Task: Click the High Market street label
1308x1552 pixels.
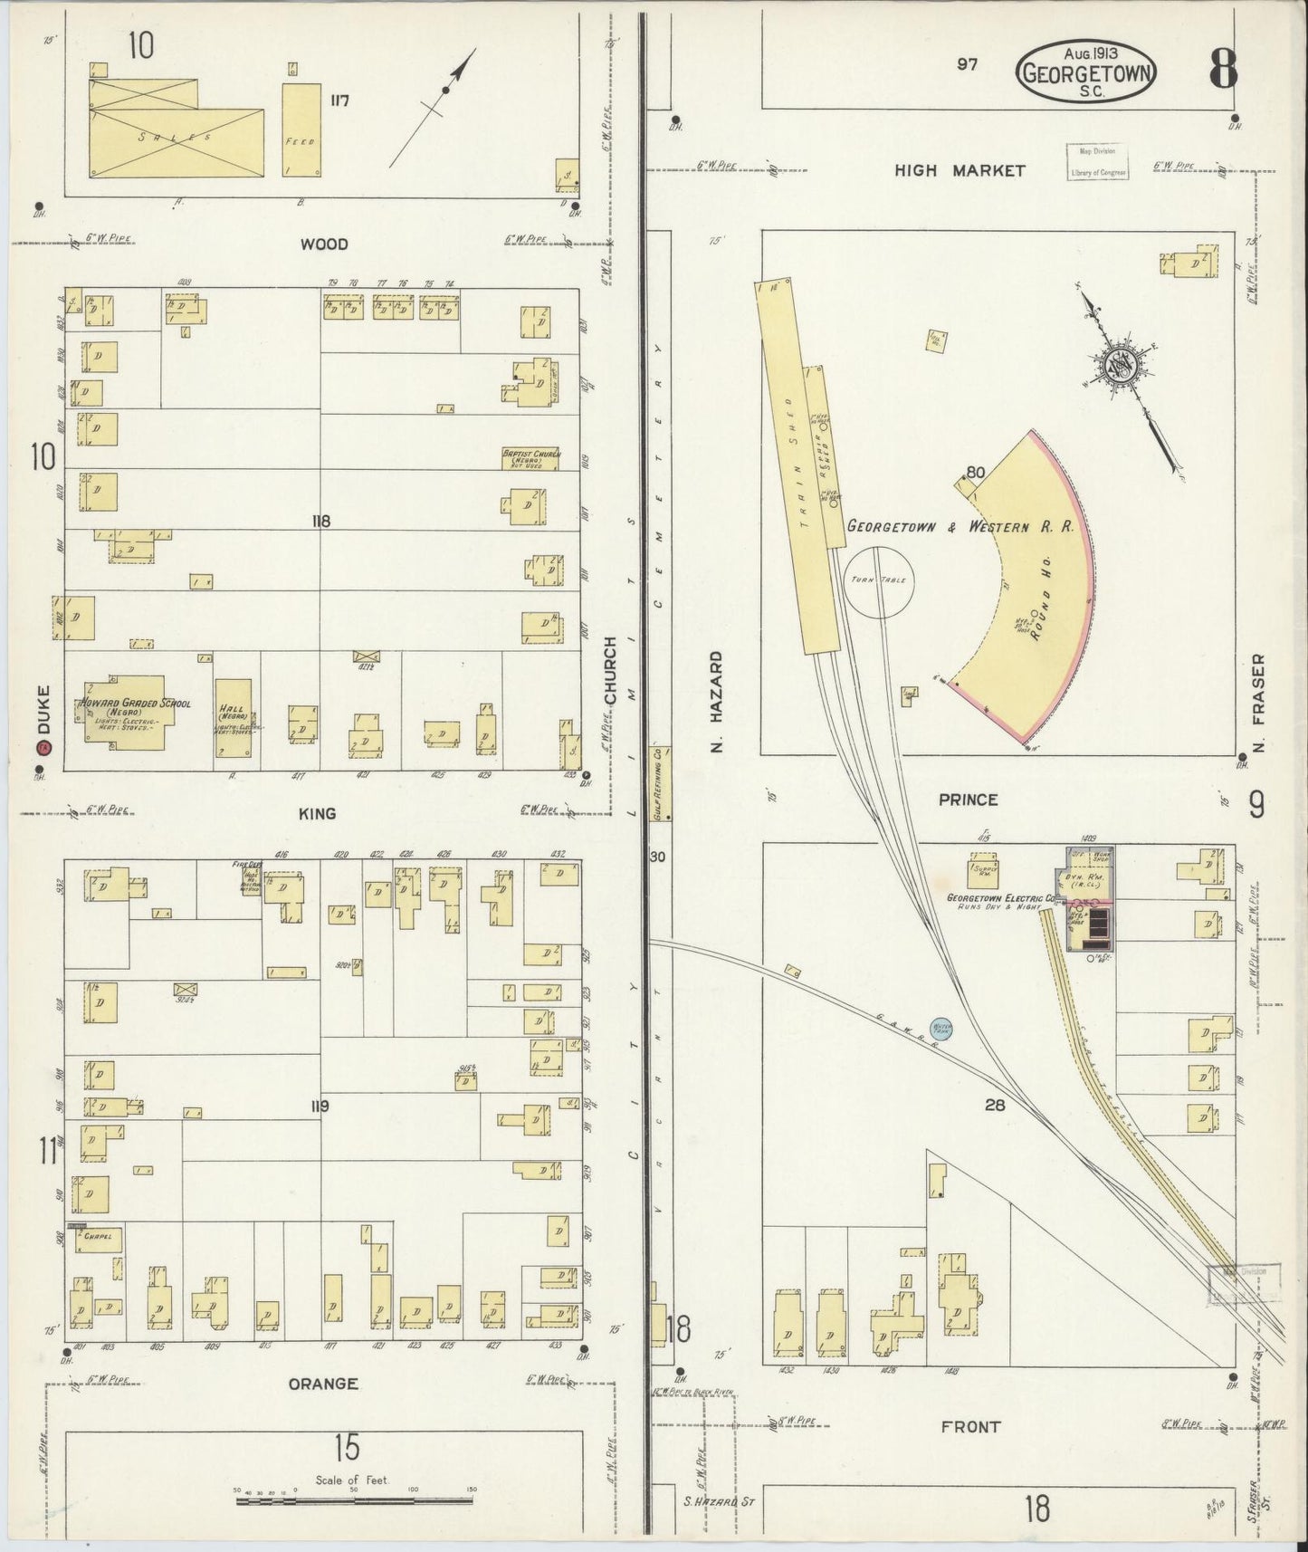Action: point(960,170)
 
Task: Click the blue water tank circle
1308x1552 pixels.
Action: point(942,1030)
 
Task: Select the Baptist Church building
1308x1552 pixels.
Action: point(530,457)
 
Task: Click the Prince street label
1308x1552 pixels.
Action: point(968,800)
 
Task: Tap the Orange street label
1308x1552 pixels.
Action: point(323,1384)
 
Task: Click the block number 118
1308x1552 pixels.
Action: point(320,521)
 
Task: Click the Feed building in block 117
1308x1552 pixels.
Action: point(301,129)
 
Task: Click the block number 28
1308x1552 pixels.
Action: point(996,1105)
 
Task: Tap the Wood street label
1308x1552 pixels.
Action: point(324,244)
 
